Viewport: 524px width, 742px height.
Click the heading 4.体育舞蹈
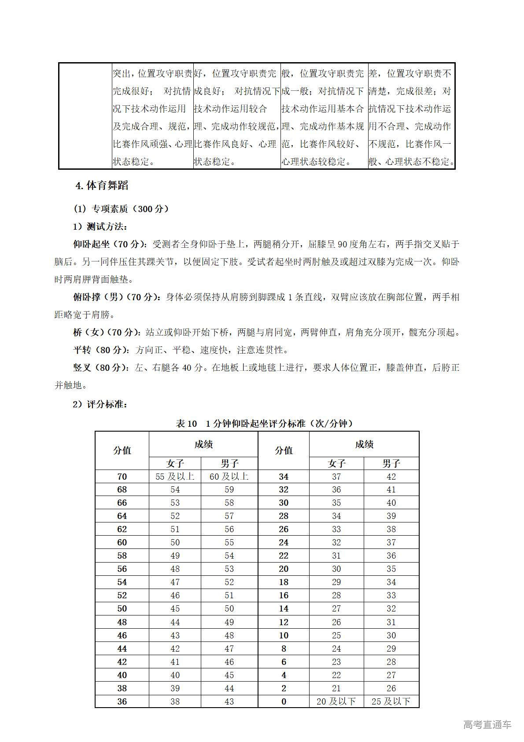[102, 186]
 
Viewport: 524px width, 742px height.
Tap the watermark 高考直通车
[487, 724]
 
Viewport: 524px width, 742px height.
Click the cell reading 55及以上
[175, 477]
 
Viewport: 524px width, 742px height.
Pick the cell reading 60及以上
[229, 477]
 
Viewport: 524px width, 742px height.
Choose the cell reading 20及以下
[336, 701]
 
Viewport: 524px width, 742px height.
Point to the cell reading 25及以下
[391, 701]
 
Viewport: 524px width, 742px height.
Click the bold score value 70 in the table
[122, 477]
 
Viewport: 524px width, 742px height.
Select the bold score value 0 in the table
[284, 701]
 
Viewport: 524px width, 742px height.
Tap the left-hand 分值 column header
[122, 451]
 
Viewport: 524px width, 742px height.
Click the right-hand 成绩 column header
[364, 444]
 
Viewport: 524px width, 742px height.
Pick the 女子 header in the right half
[336, 463]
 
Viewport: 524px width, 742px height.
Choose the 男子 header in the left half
[229, 463]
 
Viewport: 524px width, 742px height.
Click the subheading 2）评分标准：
[100, 404]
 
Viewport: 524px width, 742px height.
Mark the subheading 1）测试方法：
[100, 227]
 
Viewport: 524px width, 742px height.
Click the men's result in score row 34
[391, 477]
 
